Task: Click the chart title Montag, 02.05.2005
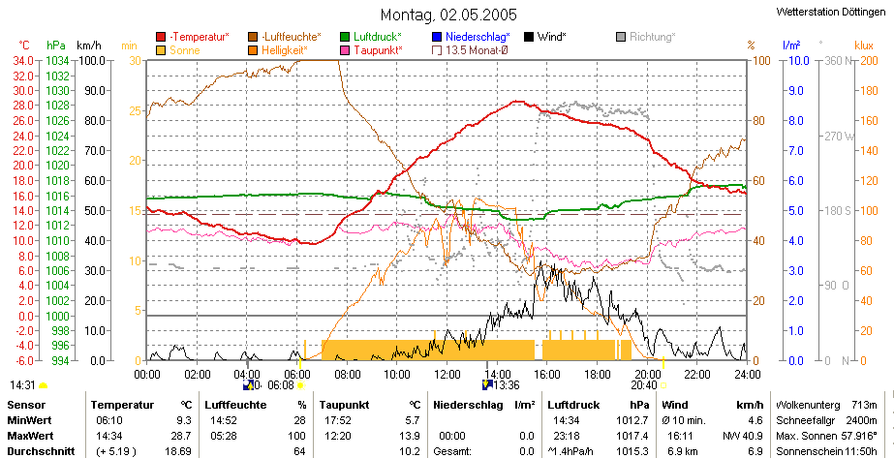(x=448, y=14)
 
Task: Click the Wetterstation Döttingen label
(x=835, y=12)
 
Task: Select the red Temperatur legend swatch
(x=162, y=37)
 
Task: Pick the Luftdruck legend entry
(x=371, y=37)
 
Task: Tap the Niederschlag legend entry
(x=471, y=37)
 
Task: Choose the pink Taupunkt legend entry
(x=371, y=50)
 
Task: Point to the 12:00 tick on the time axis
(x=447, y=375)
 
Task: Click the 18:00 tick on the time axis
(x=597, y=375)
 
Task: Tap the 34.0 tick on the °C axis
(x=28, y=60)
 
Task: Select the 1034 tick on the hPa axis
(x=58, y=60)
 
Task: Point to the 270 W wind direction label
(x=839, y=137)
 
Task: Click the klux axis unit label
(x=864, y=45)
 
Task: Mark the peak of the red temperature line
(x=517, y=102)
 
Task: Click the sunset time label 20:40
(x=645, y=385)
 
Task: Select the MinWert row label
(x=29, y=420)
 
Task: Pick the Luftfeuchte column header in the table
(x=235, y=405)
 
